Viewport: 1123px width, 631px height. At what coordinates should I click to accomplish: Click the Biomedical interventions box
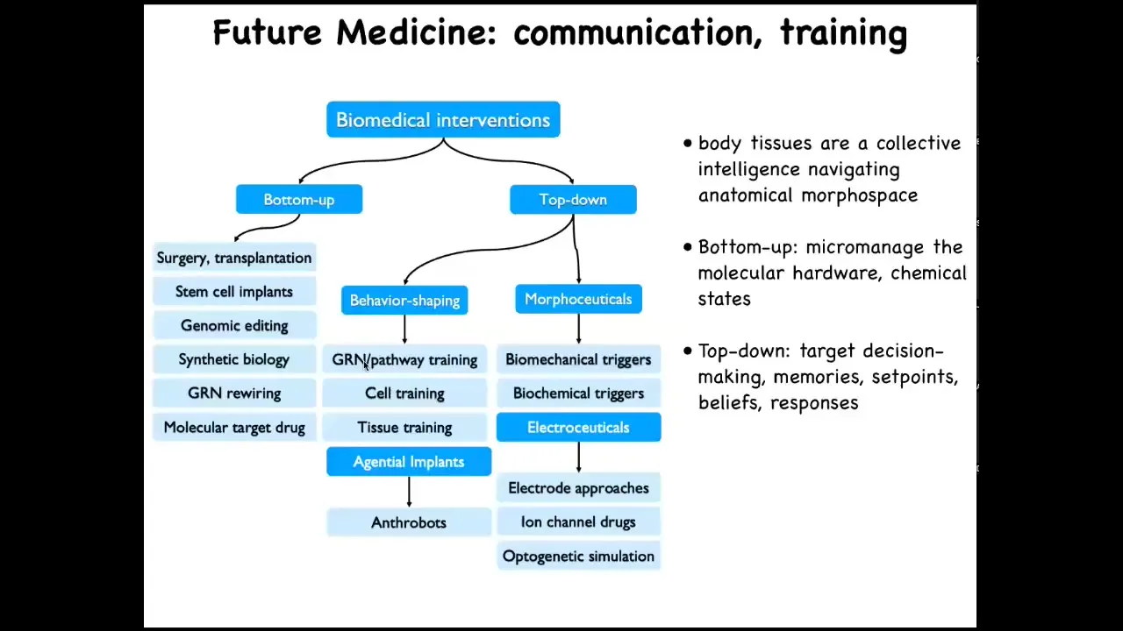point(443,120)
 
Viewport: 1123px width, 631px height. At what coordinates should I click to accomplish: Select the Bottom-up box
point(299,199)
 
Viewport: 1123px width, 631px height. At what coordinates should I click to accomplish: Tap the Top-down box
point(573,199)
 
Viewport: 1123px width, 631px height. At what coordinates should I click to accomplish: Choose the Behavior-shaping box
point(404,300)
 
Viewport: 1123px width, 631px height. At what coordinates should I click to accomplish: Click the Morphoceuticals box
point(578,299)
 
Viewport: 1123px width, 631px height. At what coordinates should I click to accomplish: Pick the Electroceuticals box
point(578,427)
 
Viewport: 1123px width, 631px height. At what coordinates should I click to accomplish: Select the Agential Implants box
point(409,461)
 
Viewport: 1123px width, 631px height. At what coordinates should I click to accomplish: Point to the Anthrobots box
point(409,522)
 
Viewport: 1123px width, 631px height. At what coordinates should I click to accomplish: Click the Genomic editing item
point(234,325)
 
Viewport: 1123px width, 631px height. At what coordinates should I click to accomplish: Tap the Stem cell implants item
point(234,292)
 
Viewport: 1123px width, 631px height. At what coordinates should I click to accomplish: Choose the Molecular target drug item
point(234,427)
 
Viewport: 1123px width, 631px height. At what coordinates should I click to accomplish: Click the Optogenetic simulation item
point(578,556)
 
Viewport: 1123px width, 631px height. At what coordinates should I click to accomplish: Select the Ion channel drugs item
point(578,521)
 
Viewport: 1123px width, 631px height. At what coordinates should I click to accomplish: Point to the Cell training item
point(404,393)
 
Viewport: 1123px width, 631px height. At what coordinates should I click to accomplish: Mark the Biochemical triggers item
point(578,393)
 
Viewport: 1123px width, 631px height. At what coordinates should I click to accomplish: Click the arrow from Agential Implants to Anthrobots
point(409,492)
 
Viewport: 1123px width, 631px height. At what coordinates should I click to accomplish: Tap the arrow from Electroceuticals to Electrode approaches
point(578,457)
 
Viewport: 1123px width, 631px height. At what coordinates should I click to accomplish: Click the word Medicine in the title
point(416,32)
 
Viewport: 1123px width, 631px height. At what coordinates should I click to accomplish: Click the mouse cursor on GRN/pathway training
point(366,366)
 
